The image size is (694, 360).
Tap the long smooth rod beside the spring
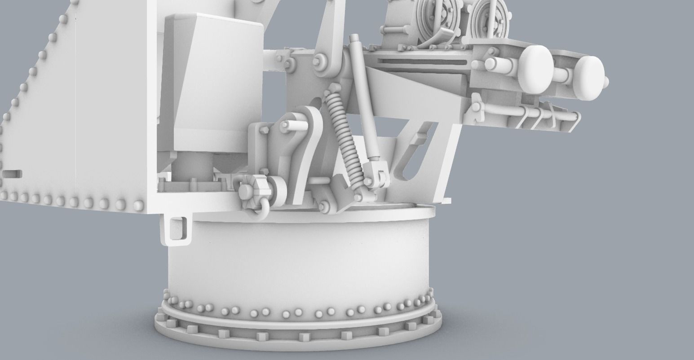364,99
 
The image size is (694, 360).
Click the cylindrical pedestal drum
298,260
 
